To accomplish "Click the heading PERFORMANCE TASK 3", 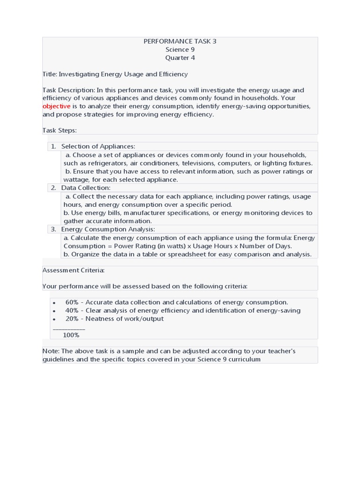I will pos(180,41).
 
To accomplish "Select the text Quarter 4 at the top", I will pos(180,58).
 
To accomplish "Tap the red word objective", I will pos(56,106).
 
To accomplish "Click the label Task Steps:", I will pos(60,130).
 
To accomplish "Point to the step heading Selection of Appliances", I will pos(98,147).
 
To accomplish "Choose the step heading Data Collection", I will pos(86,188).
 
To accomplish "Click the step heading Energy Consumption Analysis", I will pos(108,229).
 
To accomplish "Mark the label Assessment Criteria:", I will pos(74,270).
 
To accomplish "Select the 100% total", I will pos(71,335).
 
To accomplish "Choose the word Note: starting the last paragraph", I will pos(51,351).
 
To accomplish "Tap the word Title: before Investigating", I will pos(50,74).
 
